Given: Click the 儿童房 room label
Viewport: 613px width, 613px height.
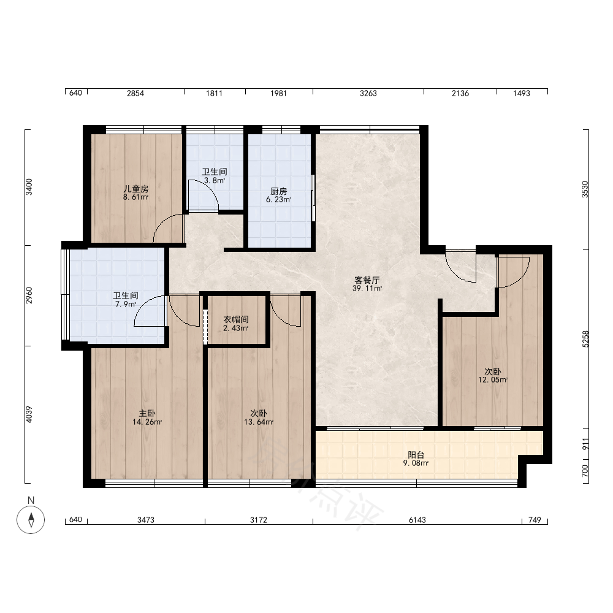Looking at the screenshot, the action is click(x=135, y=189).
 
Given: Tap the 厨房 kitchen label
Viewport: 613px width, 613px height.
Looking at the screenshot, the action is click(x=278, y=191).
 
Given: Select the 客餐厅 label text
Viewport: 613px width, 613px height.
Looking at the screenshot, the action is click(x=367, y=280).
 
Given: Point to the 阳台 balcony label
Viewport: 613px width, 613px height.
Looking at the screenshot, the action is click(x=416, y=455).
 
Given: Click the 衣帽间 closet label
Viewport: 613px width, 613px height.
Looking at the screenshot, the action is click(x=236, y=320).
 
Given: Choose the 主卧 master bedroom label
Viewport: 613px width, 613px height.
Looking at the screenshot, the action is click(x=147, y=413).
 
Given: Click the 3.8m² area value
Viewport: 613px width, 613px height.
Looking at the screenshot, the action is click(x=215, y=181).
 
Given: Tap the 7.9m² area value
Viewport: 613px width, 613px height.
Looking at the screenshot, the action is click(x=126, y=304).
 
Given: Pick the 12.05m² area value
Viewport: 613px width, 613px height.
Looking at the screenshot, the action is click(x=493, y=379).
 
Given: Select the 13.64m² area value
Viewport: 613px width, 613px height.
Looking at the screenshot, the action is click(x=259, y=422).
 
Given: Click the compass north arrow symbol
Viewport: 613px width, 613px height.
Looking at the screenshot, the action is click(x=31, y=520).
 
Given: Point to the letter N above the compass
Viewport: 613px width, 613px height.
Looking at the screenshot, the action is click(x=31, y=500).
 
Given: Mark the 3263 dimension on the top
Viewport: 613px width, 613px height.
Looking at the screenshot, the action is click(x=368, y=93).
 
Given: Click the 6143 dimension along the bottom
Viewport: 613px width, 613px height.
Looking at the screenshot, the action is click(x=417, y=520).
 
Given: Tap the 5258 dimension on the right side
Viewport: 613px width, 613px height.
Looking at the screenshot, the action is click(x=585, y=339).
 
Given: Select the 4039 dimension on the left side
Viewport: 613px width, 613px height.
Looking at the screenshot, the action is click(x=29, y=414).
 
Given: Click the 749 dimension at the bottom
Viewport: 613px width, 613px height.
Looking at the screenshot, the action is click(x=535, y=520).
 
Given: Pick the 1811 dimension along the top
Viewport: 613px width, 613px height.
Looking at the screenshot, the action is click(x=214, y=93).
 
